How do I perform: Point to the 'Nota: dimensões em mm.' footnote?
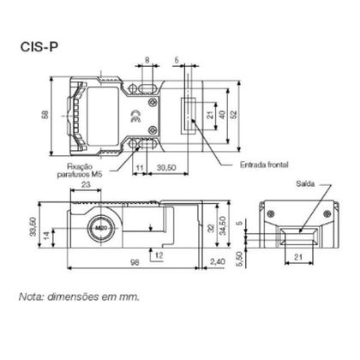click(x=78, y=299)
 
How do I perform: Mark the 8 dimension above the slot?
click(x=147, y=61)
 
